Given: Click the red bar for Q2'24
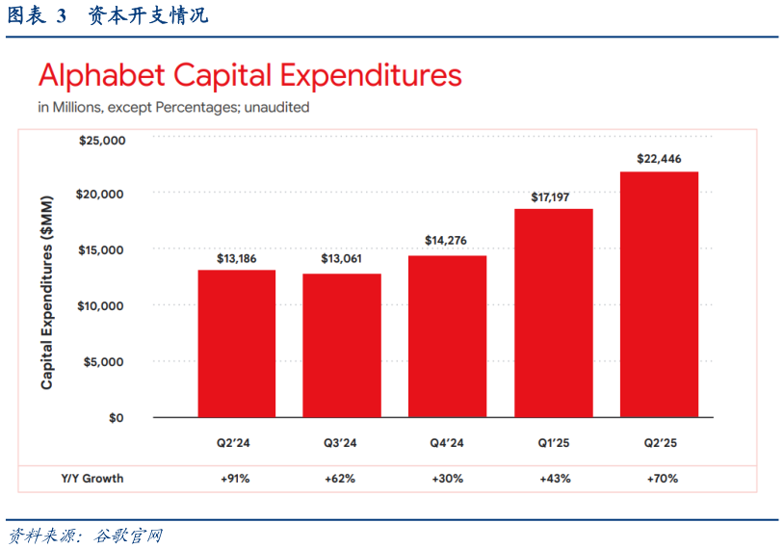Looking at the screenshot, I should point(236,343).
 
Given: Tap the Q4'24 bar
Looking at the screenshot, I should point(447,336).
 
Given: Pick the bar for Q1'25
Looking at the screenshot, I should point(553,313).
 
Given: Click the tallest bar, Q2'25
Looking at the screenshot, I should point(659,294).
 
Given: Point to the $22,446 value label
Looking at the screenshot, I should point(659,159).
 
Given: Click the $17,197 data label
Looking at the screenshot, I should point(553,197).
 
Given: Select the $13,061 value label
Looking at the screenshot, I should point(342,259).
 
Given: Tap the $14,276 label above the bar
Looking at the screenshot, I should point(447,241).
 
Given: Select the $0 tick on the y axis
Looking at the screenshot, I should point(116,418).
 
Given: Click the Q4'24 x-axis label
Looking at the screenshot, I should point(447,444).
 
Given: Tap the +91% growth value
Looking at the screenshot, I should point(236,478).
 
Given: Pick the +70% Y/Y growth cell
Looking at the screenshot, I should point(661,478).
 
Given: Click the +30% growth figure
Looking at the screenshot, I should point(449,478).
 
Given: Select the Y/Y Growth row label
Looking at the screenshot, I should point(92,478).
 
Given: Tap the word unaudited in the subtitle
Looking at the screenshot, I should point(276,108).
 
